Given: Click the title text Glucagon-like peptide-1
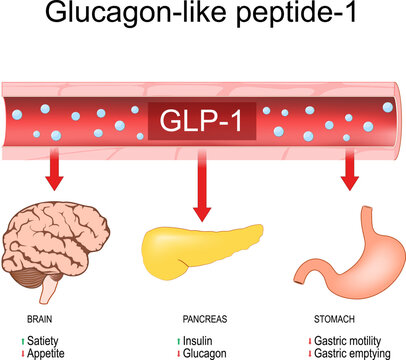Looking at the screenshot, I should point(203,23).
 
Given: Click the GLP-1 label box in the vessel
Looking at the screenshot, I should point(203,122).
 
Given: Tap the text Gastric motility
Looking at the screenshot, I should point(356,341).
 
